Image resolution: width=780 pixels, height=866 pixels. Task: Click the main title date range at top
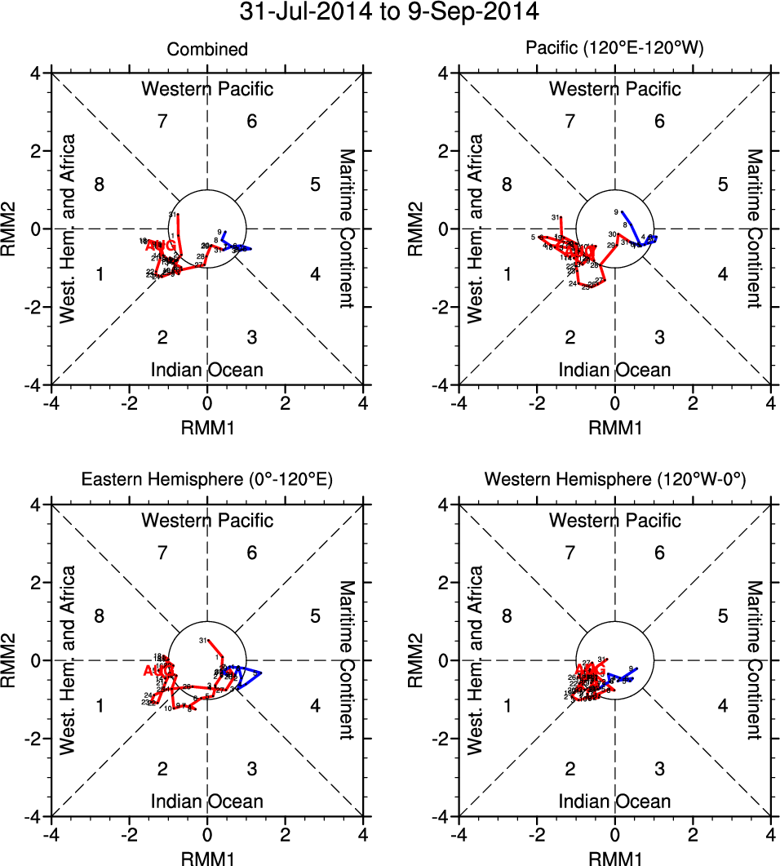[389, 12]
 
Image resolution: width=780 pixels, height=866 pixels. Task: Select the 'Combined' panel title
[207, 50]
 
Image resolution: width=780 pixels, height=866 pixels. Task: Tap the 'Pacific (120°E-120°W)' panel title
[614, 50]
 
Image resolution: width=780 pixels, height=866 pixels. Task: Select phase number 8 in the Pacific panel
[507, 184]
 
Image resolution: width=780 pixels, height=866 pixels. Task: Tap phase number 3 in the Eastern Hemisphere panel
[252, 768]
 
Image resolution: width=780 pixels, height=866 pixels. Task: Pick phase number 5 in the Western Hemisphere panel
[722, 616]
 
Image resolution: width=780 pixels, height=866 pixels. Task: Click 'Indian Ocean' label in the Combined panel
[207, 370]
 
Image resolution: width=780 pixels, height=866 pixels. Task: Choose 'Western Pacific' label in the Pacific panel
[614, 89]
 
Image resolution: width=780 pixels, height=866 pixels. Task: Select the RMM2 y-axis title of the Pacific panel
[417, 229]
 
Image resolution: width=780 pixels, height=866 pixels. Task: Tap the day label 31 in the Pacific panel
[556, 218]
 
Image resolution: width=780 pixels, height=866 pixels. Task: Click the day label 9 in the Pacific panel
[617, 211]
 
